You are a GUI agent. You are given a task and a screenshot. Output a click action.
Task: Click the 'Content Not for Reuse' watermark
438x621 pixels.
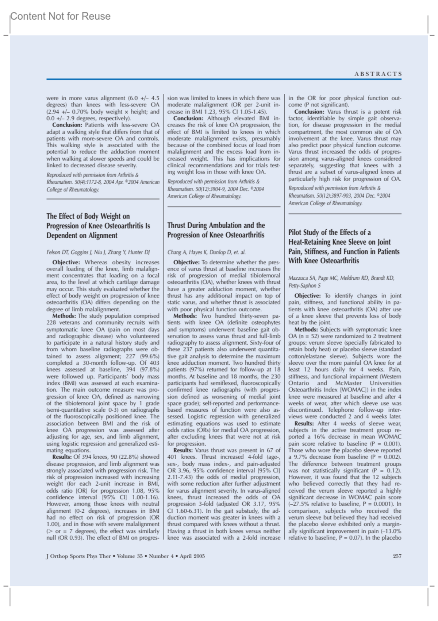(60, 16)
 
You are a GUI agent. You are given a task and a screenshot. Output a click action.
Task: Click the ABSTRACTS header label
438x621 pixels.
(378, 74)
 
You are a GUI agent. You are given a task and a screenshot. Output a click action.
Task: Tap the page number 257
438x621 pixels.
(397, 556)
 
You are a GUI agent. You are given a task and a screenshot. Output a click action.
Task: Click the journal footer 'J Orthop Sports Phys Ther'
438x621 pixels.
(78, 556)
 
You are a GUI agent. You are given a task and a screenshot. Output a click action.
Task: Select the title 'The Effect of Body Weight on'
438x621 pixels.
(88, 216)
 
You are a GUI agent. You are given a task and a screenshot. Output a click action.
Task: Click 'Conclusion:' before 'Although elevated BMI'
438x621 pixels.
(188, 119)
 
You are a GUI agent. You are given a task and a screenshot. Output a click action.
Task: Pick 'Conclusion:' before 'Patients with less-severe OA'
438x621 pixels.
(67, 125)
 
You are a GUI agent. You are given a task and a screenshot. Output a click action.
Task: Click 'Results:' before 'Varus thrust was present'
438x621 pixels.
(183, 450)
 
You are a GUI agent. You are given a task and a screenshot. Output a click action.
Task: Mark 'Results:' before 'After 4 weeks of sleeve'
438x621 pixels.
(304, 424)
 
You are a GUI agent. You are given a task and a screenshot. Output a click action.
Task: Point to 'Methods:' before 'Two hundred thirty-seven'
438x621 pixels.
(185, 316)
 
